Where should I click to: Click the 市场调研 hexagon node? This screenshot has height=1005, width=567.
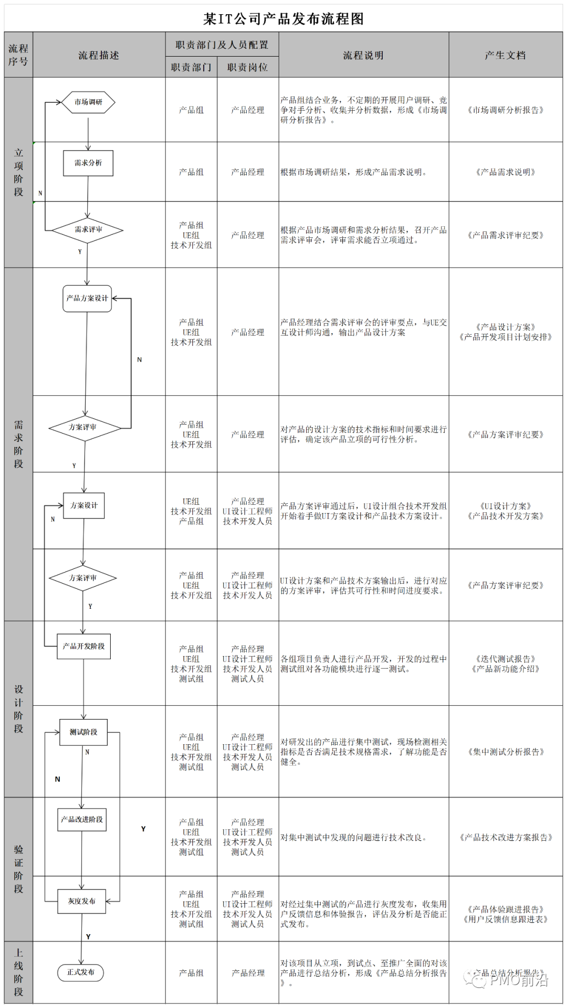88,102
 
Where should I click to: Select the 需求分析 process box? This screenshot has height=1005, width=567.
88,163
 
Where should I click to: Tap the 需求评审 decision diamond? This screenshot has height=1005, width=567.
88,230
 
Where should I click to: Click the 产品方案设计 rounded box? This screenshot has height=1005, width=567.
87,299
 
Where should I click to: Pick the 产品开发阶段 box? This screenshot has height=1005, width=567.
83,647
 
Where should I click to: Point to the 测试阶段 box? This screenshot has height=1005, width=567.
83,732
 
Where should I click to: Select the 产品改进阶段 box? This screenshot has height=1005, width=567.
82,819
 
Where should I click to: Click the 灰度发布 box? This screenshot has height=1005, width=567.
82,901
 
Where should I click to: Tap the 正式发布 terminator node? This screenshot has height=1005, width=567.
80,972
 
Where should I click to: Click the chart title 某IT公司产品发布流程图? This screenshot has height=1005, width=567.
283,19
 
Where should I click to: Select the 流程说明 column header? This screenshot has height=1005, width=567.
363,55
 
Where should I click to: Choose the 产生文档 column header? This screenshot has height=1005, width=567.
505,55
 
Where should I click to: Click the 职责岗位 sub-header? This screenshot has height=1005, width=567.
247,67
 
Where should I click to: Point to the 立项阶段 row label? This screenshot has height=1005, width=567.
19,172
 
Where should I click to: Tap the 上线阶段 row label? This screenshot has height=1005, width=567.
19,972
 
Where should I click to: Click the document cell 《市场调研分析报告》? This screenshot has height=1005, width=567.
505,110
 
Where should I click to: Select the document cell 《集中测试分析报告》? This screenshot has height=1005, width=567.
506,752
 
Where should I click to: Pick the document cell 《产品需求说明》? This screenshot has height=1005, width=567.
505,172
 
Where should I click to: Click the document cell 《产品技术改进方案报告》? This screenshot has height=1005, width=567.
506,838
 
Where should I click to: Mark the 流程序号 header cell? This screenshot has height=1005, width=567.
18,55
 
